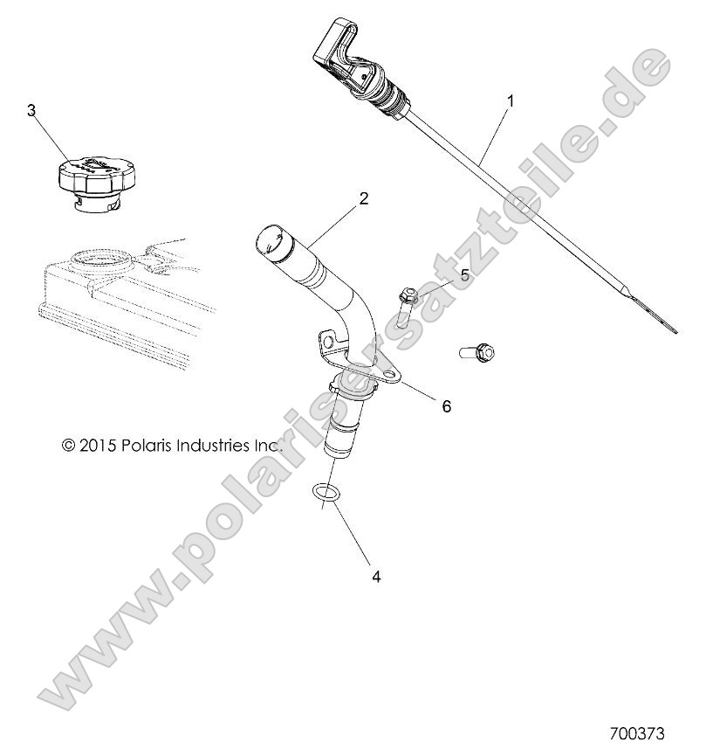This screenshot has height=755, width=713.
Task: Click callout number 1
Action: coord(510,101)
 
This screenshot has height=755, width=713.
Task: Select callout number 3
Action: coord(32,110)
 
